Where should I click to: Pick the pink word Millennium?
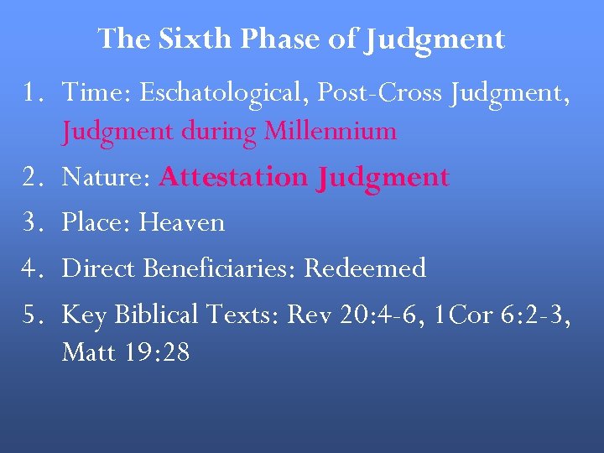(331, 131)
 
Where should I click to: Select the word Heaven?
(182, 222)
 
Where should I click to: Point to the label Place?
(97, 222)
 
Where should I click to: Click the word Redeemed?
(365, 268)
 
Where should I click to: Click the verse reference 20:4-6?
(369, 315)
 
